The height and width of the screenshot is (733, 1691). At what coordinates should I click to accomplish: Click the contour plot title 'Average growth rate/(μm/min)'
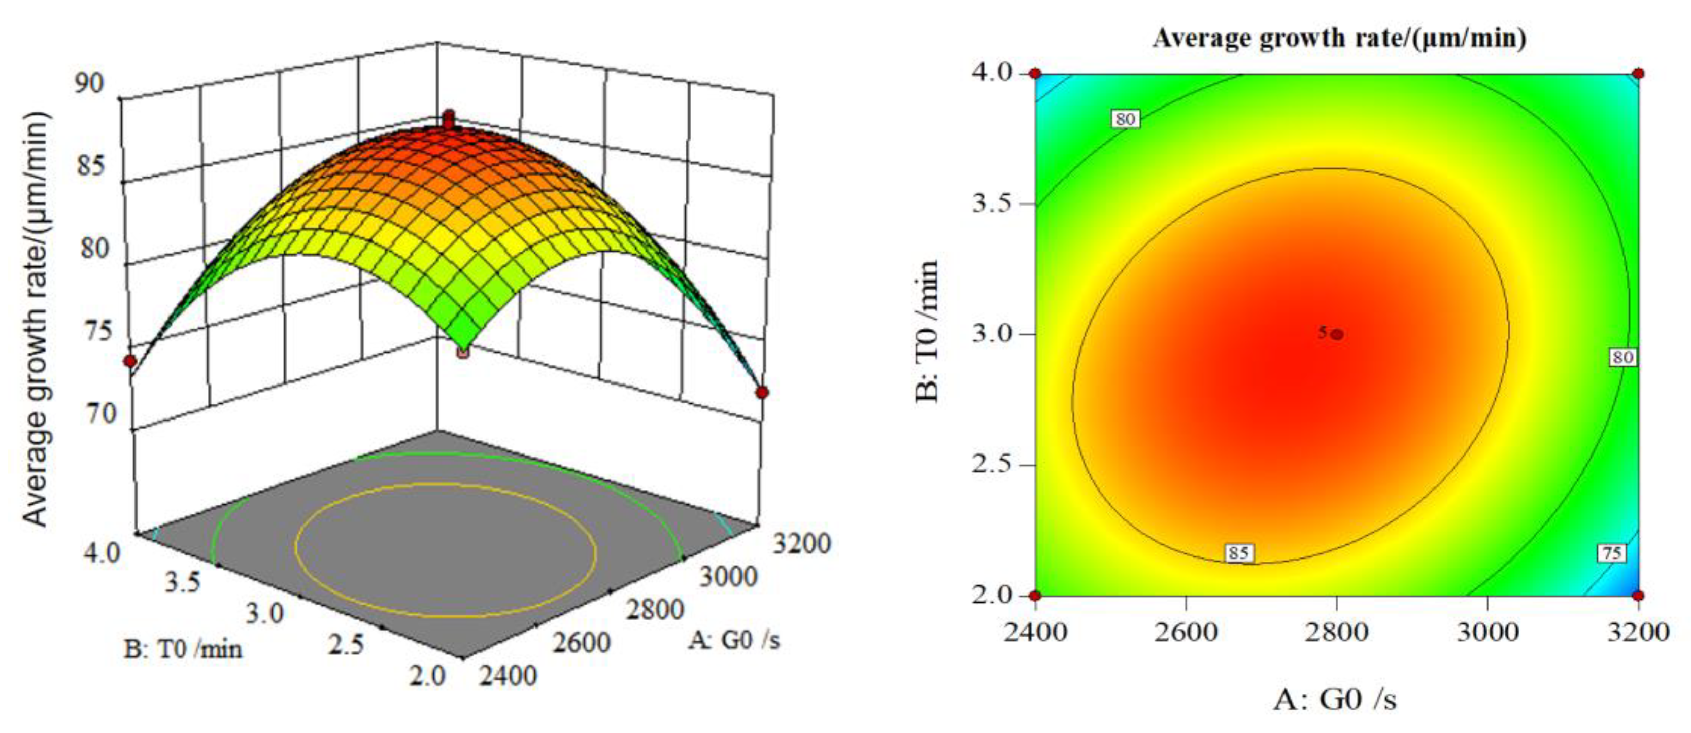[1339, 38]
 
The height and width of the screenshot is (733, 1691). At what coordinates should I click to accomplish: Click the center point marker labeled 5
[1337, 334]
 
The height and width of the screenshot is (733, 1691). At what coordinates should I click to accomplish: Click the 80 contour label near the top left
[1125, 119]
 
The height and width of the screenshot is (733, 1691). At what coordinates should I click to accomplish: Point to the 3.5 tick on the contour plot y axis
[995, 203]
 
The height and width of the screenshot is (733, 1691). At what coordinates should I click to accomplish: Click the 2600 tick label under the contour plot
[1186, 632]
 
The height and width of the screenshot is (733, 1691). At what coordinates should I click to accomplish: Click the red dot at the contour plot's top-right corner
[1639, 74]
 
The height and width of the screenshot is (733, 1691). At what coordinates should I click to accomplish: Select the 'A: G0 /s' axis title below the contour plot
[1335, 700]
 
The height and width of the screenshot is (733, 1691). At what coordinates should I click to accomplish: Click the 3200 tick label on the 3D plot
[801, 543]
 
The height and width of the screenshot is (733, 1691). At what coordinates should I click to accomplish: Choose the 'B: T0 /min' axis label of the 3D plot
[183, 650]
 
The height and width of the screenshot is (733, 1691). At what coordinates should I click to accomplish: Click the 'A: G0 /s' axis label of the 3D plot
[734, 639]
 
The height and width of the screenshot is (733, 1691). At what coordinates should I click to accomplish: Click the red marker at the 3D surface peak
[448, 120]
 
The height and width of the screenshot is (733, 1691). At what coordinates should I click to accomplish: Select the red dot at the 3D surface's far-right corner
[761, 393]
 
